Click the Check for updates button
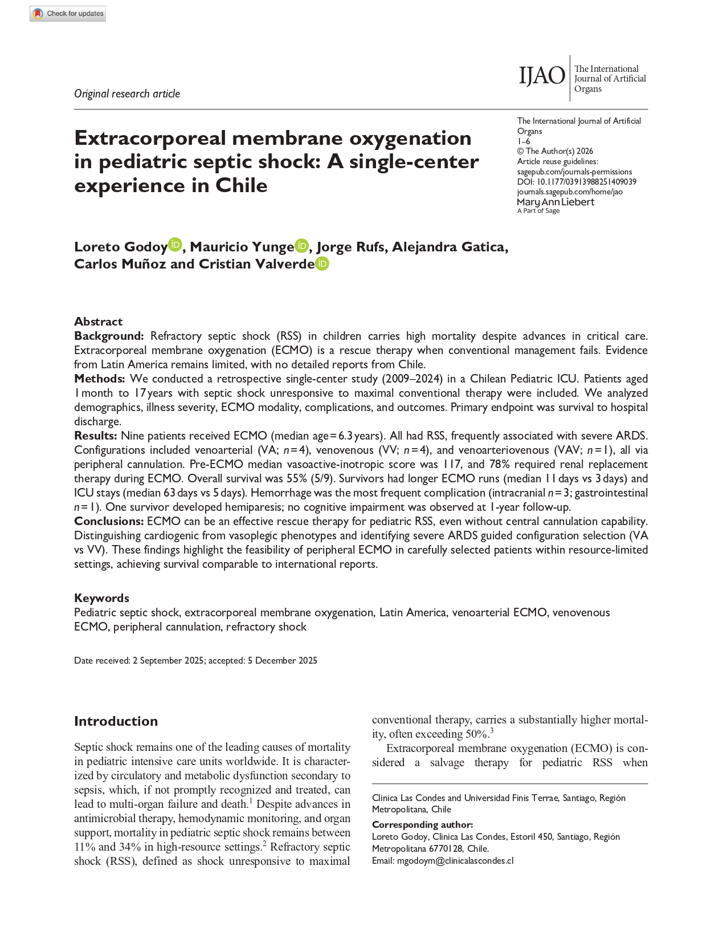[x=68, y=14]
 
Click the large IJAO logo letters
[x=541, y=76]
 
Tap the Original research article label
[x=127, y=94]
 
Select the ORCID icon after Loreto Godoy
[x=175, y=245]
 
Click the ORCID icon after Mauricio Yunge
[x=301, y=245]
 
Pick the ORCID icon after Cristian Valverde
[x=322, y=263]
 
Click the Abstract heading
[x=98, y=322]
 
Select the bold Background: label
[x=109, y=336]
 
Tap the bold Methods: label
[x=100, y=379]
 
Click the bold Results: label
[x=96, y=436]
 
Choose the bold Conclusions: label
[x=109, y=521]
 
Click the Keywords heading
[x=101, y=598]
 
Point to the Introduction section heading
[x=116, y=721]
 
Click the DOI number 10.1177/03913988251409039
[x=586, y=182]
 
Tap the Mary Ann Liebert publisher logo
[x=555, y=204]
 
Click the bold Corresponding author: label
[x=422, y=825]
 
